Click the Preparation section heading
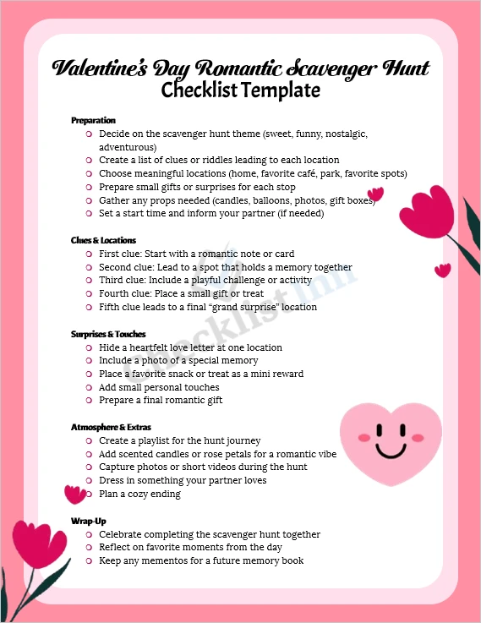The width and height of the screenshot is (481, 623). click(93, 120)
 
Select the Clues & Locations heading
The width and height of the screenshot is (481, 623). click(103, 240)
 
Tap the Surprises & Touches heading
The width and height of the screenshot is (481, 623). click(108, 334)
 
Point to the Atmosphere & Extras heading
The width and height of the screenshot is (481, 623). click(111, 427)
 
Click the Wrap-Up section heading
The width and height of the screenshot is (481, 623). click(88, 521)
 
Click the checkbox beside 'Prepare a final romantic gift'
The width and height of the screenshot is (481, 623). click(89, 401)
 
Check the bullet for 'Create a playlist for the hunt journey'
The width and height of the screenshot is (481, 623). click(89, 441)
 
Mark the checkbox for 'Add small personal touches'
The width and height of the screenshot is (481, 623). click(89, 387)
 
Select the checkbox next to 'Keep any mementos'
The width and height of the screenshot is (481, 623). click(89, 561)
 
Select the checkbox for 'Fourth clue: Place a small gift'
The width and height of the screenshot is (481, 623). click(89, 293)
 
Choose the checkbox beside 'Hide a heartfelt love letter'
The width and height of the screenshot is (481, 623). click(89, 347)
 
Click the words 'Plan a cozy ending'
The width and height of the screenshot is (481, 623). click(139, 494)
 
